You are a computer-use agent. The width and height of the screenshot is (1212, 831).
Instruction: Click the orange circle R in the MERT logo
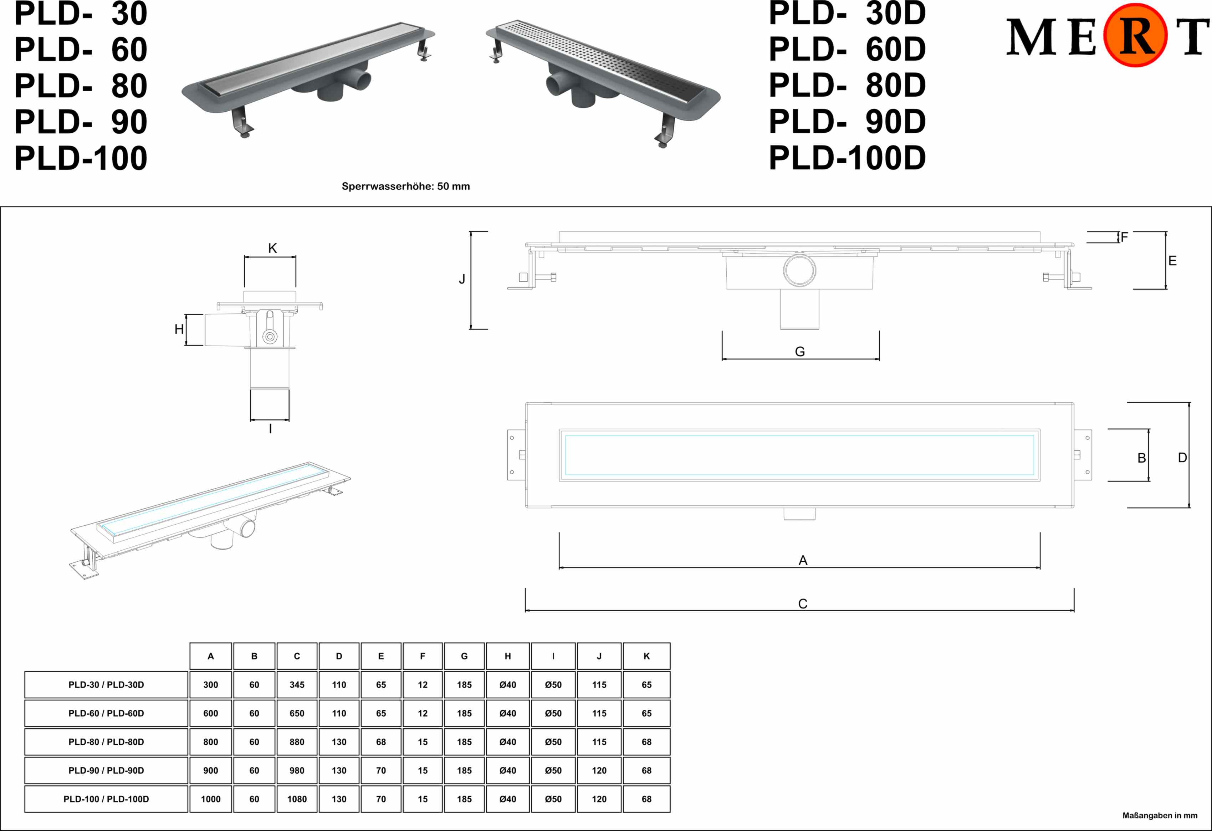click(1135, 35)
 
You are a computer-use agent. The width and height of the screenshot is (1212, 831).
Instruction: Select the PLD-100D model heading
click(847, 158)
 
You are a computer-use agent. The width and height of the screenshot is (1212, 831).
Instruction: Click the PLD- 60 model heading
click(81, 50)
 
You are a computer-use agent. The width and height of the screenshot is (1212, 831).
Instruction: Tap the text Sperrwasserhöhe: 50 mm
click(405, 186)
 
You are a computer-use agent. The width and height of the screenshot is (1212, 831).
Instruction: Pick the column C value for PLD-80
click(297, 742)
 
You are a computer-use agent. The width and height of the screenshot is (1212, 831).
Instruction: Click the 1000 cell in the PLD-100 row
click(211, 799)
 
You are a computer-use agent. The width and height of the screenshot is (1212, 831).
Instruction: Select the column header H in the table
click(507, 656)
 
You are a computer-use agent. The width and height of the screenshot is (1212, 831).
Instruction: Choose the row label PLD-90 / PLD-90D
click(106, 770)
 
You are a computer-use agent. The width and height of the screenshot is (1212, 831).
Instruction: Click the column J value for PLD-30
click(599, 685)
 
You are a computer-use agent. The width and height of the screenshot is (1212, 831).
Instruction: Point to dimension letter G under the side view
click(799, 352)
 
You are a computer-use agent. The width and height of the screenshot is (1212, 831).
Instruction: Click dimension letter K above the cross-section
click(272, 248)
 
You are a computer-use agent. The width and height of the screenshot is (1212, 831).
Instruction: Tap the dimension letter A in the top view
click(803, 560)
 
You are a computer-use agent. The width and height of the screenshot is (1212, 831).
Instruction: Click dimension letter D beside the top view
click(1182, 458)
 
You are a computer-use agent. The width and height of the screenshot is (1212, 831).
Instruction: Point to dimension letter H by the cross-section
click(179, 329)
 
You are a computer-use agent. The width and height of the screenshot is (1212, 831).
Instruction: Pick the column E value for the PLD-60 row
click(381, 713)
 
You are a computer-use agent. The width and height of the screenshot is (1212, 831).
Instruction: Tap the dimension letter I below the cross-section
click(270, 429)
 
